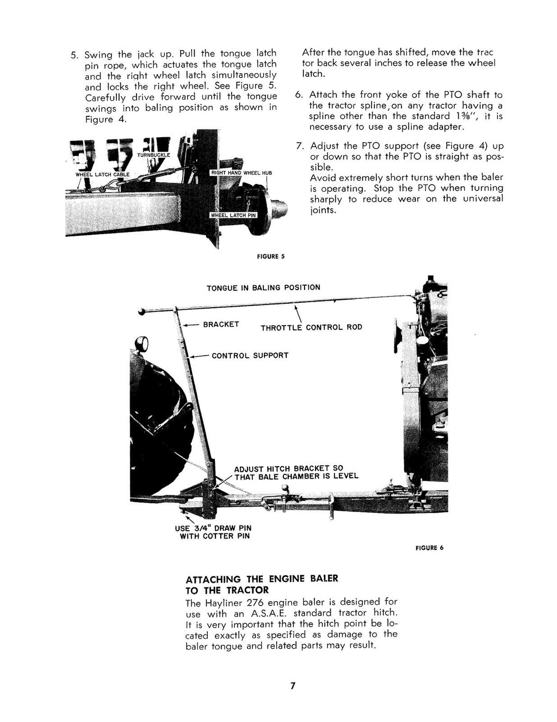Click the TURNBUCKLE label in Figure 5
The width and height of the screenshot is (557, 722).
(153, 155)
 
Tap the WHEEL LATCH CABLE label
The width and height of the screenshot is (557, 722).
(102, 174)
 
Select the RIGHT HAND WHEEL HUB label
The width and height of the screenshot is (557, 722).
(240, 173)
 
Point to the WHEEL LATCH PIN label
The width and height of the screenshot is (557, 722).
(233, 215)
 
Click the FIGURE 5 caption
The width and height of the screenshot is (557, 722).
(270, 255)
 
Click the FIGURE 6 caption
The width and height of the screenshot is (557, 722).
(433, 547)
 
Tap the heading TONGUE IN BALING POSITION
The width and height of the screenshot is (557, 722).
(263, 287)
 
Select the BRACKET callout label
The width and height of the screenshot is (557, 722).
(221, 325)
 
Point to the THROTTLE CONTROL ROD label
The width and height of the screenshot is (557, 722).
(311, 328)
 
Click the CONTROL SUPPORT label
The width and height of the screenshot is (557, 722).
(250, 356)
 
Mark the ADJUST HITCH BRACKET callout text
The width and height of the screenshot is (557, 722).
(296, 472)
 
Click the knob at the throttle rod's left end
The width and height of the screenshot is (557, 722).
(143, 312)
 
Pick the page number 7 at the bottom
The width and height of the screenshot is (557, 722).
(292, 686)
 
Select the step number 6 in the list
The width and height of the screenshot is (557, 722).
(299, 94)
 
